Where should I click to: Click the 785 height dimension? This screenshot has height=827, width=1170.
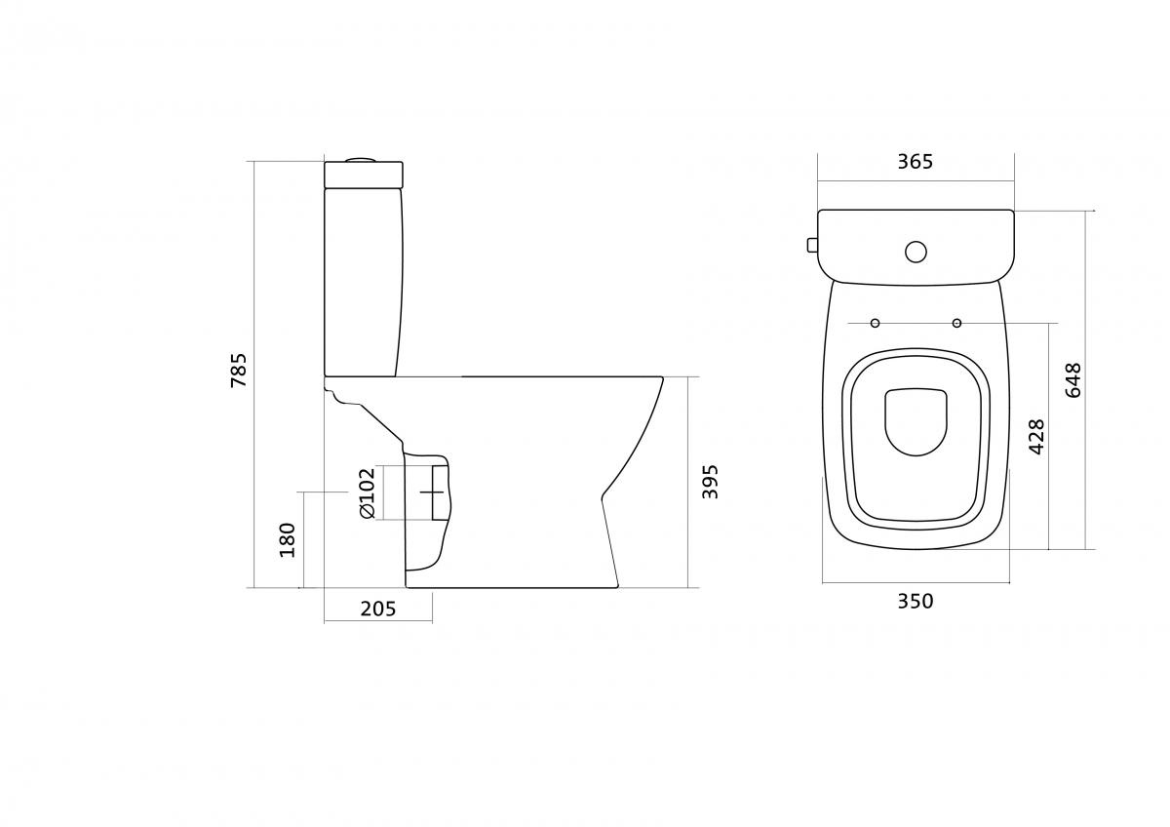click(x=239, y=370)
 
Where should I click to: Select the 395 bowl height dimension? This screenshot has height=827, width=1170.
click(x=710, y=482)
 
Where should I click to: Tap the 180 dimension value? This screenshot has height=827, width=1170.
click(x=288, y=539)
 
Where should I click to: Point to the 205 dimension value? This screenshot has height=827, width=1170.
click(x=378, y=609)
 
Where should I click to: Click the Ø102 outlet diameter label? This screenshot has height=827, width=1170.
click(x=368, y=492)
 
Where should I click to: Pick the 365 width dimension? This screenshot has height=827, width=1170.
click(x=916, y=162)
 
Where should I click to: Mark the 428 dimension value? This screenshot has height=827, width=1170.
click(x=1036, y=437)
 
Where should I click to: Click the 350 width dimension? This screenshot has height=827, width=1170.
click(x=916, y=602)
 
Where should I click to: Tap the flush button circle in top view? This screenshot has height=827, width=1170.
click(x=916, y=252)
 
